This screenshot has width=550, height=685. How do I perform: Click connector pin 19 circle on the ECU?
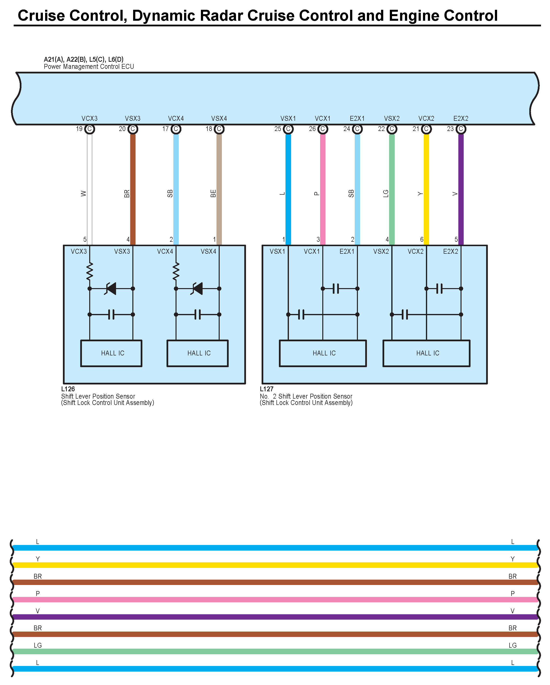89,129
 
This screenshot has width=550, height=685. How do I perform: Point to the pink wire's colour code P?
316,193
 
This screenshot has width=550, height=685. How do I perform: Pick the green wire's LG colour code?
385,193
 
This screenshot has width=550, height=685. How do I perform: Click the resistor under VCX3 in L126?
89,271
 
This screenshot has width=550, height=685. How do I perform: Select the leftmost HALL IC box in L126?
111,353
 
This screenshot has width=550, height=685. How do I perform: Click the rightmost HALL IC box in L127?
426,353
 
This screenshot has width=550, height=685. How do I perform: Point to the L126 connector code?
68,389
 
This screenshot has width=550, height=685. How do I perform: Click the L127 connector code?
266,389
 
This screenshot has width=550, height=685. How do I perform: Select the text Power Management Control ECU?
89,67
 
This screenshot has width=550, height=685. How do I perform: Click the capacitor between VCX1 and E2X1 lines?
336,289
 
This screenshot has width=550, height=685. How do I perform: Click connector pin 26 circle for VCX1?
323,129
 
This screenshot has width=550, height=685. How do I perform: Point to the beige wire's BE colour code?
213,193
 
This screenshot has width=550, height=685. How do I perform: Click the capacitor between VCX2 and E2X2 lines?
439,289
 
